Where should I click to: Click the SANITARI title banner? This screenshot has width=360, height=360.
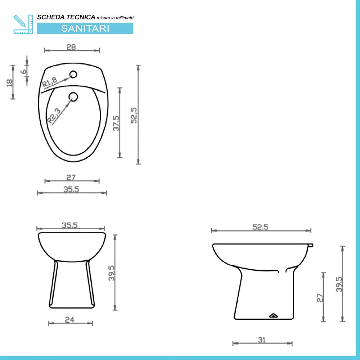pos(85,28)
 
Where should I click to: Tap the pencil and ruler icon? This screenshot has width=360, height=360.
pos(23,24)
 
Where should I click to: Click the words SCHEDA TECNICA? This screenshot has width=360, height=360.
pos(66,17)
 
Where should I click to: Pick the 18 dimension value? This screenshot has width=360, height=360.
pos(10,82)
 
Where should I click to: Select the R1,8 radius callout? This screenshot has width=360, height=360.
pos(50,83)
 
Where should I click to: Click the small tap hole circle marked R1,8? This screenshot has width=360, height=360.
pos(73,75)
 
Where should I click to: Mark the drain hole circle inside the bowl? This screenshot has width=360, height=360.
pos(73,96)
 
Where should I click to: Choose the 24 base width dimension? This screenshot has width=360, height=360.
pos(70,319)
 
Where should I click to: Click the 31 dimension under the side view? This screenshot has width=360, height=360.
pos(262,339)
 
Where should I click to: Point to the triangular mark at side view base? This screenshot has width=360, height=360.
pos(274,316)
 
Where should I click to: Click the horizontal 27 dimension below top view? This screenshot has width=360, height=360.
pos(71,177)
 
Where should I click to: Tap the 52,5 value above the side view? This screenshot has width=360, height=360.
pos(261,227)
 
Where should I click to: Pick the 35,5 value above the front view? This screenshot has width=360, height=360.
pos(71,225)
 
